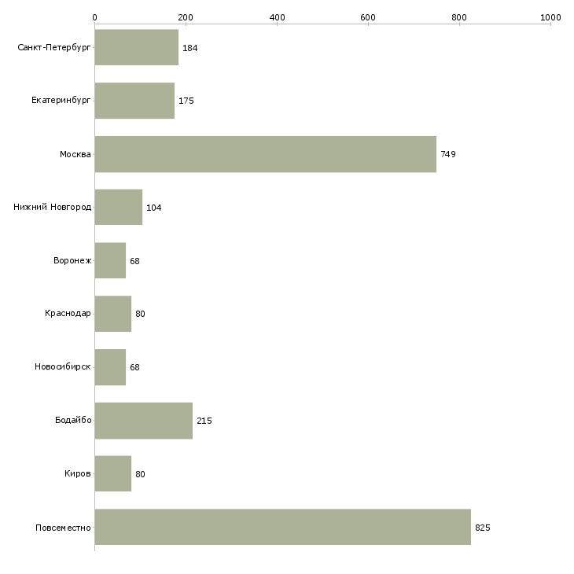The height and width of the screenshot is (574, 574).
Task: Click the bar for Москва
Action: [x=266, y=154]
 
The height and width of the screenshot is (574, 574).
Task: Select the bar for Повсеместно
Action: [x=282, y=527]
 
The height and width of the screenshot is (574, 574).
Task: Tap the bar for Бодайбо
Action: [x=143, y=421]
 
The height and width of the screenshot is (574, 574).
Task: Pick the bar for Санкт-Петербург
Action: [x=137, y=48]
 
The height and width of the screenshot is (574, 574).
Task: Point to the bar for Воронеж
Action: [x=110, y=260]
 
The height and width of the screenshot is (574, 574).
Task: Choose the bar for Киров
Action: [x=113, y=473]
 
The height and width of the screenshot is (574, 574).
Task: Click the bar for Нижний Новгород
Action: [x=119, y=208]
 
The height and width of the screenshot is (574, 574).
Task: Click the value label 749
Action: [x=448, y=154]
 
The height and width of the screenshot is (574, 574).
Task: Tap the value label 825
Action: [x=483, y=528]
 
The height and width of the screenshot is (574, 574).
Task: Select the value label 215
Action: [x=204, y=421]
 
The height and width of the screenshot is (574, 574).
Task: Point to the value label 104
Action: [x=154, y=208]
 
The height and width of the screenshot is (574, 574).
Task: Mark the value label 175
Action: [x=186, y=101]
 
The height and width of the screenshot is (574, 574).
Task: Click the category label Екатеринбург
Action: [x=61, y=101]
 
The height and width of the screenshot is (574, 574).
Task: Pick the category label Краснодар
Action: [x=68, y=314]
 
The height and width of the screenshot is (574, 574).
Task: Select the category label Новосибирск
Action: [x=63, y=366]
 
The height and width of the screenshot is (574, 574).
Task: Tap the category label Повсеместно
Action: [x=63, y=528]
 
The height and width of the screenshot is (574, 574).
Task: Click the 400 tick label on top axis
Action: [x=277, y=17]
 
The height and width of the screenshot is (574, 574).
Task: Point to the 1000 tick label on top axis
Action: [x=550, y=17]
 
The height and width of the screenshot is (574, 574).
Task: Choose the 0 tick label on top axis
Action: [x=95, y=17]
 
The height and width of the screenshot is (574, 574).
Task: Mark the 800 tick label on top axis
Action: [x=459, y=17]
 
